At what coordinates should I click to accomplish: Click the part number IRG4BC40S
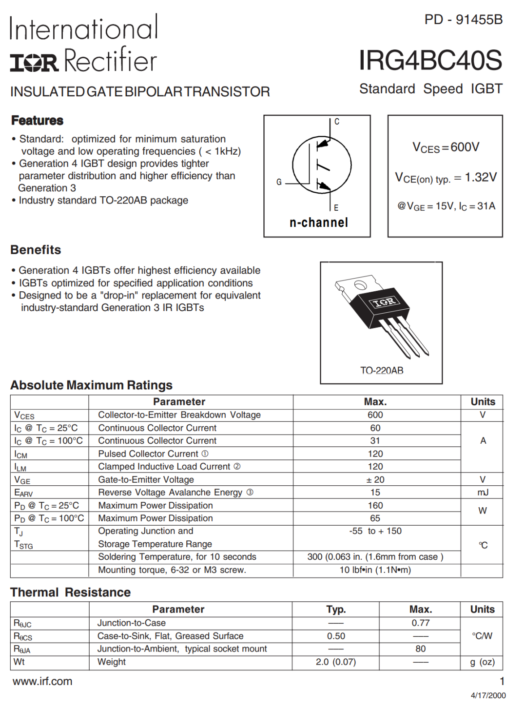430,60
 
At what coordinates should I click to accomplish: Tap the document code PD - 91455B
463,20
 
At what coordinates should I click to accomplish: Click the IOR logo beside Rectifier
34,63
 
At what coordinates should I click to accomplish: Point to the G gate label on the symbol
279,182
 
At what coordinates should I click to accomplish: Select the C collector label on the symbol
337,121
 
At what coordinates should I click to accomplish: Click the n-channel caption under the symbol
318,222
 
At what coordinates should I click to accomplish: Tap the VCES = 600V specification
446,147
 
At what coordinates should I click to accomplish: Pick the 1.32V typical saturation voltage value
481,177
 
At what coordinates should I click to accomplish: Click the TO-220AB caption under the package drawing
382,371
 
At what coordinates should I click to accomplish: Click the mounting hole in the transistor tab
360,285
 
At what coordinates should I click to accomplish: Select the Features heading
37,121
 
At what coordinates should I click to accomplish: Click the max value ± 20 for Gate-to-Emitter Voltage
375,479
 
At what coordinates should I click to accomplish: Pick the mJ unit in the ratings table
482,492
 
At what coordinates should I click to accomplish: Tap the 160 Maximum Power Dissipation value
375,505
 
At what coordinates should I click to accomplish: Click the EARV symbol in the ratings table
23,493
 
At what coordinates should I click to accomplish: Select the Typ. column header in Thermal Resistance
336,609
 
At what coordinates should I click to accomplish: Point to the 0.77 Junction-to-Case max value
420,623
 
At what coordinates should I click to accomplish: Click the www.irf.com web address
43,682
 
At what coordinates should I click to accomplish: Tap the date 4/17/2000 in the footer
488,695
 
